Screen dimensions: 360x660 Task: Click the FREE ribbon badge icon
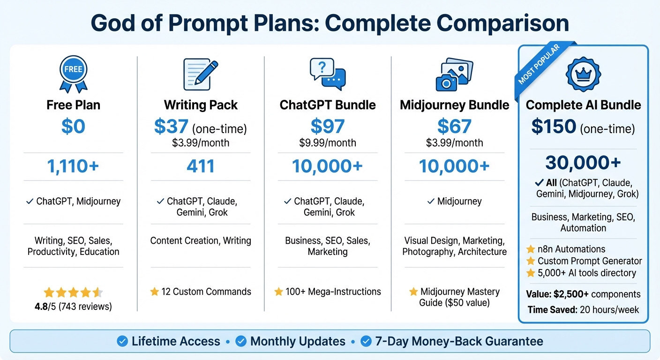73,74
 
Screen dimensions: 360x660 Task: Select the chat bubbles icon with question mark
328,74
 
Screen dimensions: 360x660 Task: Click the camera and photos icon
454,74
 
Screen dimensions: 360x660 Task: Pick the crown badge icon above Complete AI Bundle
584,74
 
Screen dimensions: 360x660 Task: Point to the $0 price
73,127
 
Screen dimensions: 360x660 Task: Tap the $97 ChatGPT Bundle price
328,127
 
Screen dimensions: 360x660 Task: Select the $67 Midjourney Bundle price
454,127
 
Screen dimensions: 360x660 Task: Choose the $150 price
554,127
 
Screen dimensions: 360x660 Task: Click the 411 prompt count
201,166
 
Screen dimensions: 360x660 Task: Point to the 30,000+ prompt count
583,162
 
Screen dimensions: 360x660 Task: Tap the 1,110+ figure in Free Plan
73,166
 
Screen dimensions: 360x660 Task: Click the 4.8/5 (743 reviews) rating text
73,307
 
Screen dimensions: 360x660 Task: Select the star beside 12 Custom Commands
155,292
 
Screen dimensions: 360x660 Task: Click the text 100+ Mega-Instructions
332,292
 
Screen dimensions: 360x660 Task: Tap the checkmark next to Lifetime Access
122,341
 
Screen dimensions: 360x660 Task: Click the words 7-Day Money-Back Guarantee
459,341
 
